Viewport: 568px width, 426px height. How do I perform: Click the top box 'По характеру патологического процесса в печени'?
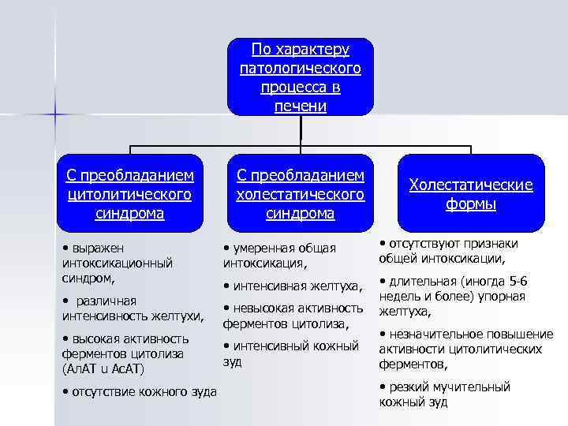tap(300, 77)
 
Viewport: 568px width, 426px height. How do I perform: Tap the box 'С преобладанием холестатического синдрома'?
tap(300, 192)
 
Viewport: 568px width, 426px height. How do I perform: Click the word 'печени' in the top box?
tap(300, 106)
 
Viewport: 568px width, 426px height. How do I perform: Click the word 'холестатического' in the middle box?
tap(300, 193)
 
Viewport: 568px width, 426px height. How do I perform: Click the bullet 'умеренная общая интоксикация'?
tap(281, 255)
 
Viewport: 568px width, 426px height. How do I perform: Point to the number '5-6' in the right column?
tap(518, 282)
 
